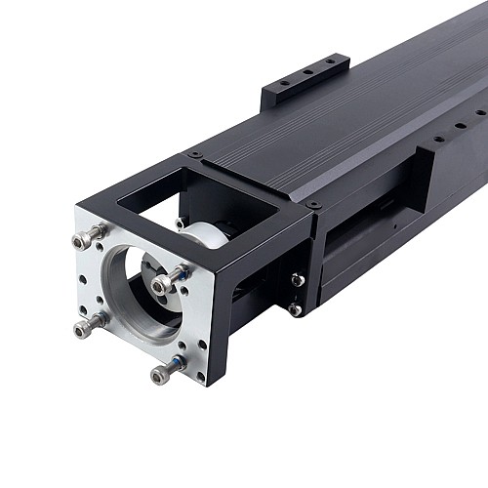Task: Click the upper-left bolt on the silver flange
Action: [89, 236]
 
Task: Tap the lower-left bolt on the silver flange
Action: [88, 324]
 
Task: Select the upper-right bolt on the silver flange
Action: [168, 280]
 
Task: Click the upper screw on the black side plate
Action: [297, 280]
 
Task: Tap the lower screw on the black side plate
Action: [294, 309]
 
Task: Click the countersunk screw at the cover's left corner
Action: [196, 154]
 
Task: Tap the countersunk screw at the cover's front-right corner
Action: [313, 205]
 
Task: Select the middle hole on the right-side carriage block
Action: [458, 125]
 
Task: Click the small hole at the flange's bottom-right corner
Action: [200, 375]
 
